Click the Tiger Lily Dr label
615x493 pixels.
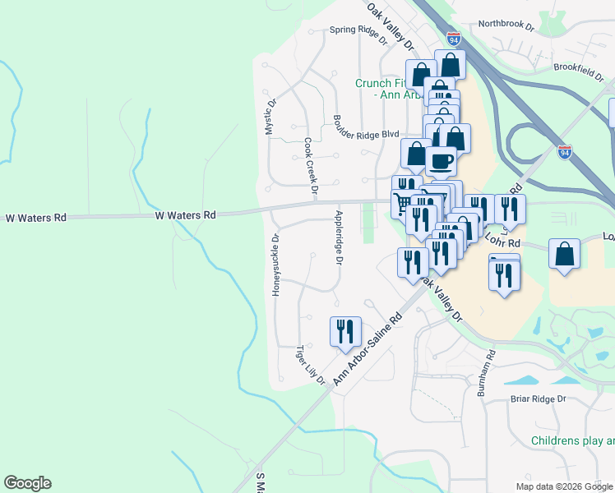pyautogui.click(x=311, y=364)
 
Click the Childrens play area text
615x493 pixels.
pyautogui.click(x=572, y=441)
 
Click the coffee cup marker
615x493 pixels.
pyautogui.click(x=441, y=160)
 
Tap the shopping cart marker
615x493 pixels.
pyautogui.click(x=403, y=203)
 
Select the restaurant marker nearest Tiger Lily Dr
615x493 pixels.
pyautogui.click(x=345, y=330)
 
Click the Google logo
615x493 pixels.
pyautogui.click(x=27, y=483)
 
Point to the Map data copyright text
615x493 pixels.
pyautogui.click(x=565, y=486)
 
